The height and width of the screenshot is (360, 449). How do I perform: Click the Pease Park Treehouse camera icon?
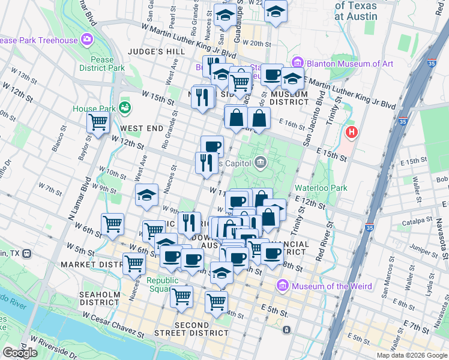click(x=88, y=40)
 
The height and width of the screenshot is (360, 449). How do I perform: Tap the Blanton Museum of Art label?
click(x=351, y=64)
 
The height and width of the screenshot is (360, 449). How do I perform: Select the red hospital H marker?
click(x=351, y=131)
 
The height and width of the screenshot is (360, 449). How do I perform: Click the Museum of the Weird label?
click(x=334, y=286)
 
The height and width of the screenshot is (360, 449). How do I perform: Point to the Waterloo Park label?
click(x=321, y=188)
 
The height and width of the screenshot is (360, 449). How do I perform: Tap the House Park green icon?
click(x=125, y=108)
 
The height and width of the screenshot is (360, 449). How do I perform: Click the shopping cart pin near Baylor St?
click(x=98, y=122)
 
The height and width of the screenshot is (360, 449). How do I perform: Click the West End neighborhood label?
click(x=141, y=128)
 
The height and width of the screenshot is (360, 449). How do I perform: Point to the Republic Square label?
click(x=163, y=285)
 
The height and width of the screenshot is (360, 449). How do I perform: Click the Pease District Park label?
click(x=102, y=64)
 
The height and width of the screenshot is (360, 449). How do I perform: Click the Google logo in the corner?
click(x=20, y=353)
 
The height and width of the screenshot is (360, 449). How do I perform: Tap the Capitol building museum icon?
click(x=260, y=161)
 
